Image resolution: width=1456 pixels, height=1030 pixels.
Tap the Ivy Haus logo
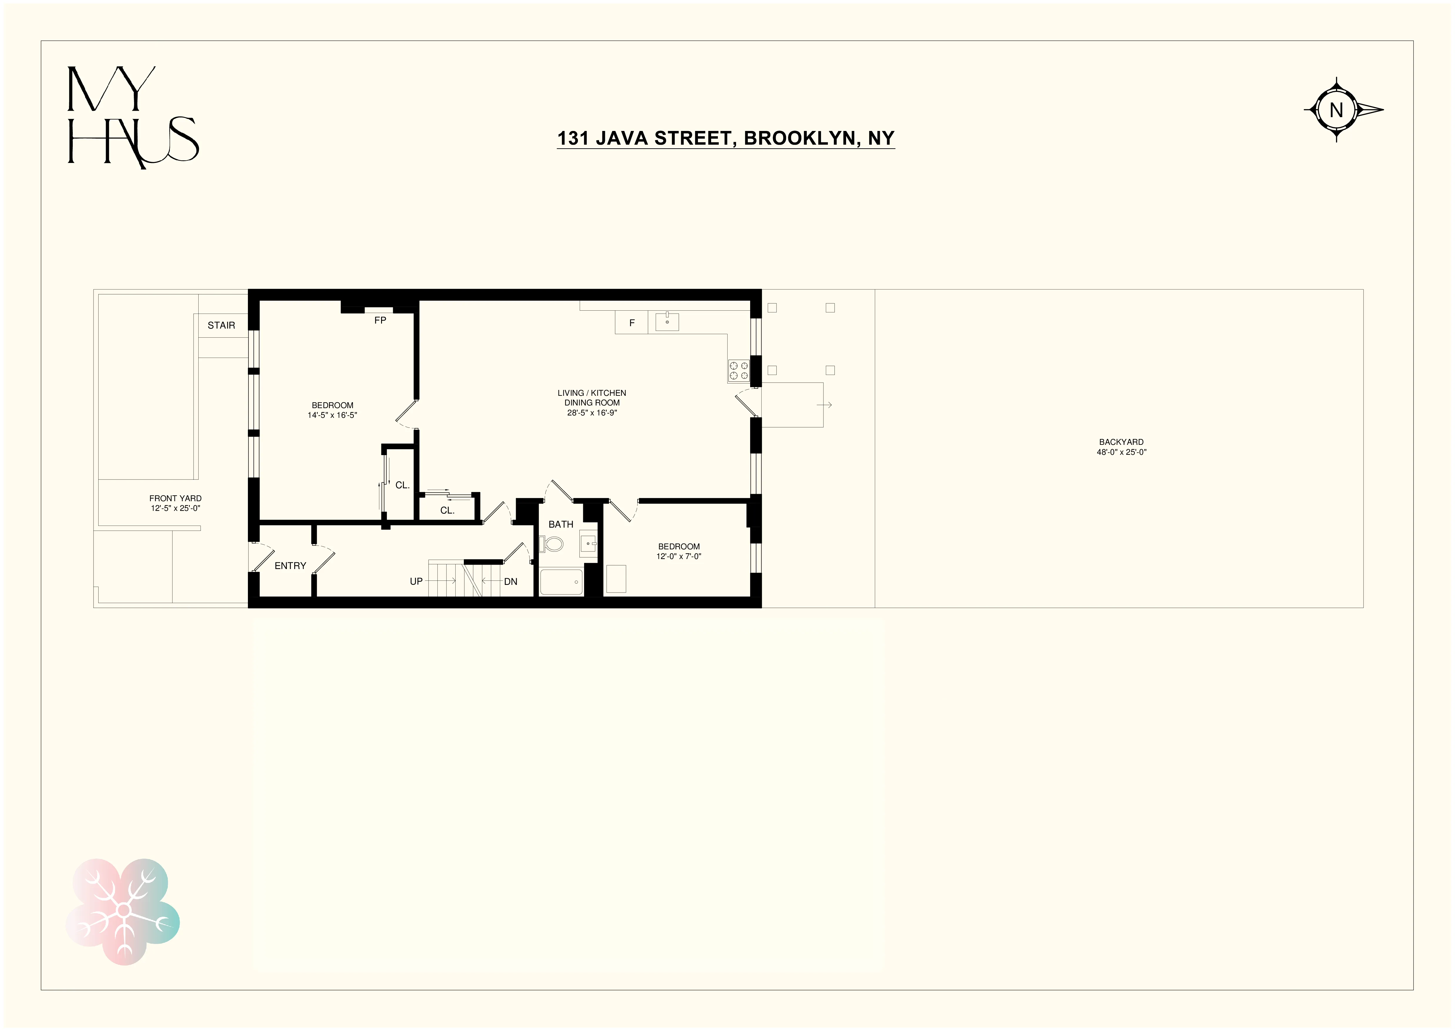point(133,117)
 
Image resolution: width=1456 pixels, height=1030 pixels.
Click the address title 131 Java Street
point(726,138)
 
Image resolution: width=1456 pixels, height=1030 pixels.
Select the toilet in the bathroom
point(552,544)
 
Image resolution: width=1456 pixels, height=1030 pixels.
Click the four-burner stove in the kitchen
point(738,371)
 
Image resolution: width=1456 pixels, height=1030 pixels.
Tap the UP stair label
point(416,581)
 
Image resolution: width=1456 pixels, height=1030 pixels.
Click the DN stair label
point(510,581)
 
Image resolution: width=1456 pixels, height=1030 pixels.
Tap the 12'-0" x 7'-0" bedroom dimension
point(679,557)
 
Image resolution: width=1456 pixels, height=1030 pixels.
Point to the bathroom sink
point(589,543)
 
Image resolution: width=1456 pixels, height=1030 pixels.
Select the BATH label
point(561,524)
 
